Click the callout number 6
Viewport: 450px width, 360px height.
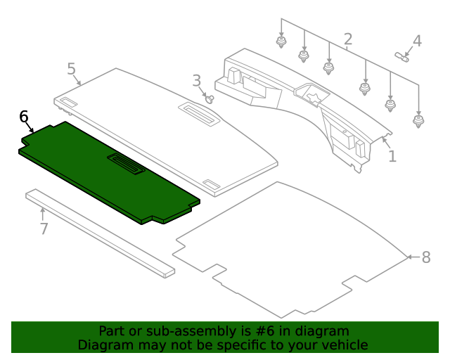pos(24,117)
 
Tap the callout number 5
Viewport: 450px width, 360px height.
pos(72,69)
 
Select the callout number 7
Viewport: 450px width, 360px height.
pos(44,229)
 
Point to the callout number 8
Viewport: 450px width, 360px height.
pos(426,257)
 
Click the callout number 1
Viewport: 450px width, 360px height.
pos(392,156)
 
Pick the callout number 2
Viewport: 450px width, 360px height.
pos(348,39)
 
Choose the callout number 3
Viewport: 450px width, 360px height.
pos(197,81)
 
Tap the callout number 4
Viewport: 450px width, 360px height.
pos(417,41)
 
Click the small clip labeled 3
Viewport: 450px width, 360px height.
pos(210,100)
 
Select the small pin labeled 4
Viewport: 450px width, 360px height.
pos(402,56)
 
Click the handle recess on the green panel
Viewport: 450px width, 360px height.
pos(126,164)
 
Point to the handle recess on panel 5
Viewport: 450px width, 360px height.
pos(199,114)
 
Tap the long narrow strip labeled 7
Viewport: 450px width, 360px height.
pos(100,233)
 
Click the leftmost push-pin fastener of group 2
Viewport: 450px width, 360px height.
pos(281,42)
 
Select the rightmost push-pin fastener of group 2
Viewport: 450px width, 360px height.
pos(418,122)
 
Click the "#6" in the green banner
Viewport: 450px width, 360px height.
pos(264,331)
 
